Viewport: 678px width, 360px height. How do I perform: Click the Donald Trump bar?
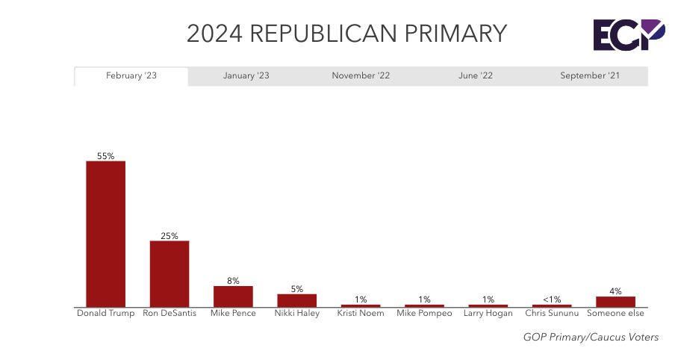tap(105, 234)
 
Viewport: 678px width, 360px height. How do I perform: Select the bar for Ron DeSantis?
tap(169, 273)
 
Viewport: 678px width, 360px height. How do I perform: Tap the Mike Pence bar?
tap(233, 297)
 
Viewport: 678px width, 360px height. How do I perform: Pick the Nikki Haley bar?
tap(296, 300)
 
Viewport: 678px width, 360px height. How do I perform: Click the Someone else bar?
tap(615, 302)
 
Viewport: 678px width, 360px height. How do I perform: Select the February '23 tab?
tap(131, 76)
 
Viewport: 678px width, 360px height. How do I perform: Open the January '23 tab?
tap(246, 76)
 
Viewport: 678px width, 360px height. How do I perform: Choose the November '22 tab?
tap(361, 76)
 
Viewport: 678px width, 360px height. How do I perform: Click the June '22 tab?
tap(475, 76)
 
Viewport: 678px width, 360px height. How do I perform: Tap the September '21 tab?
tap(590, 76)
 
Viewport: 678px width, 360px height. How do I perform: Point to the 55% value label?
tap(105, 156)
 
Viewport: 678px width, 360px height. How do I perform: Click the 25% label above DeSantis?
tap(169, 236)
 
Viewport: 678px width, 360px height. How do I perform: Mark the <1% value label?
tap(552, 300)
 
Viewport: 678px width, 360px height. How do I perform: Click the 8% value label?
tap(233, 281)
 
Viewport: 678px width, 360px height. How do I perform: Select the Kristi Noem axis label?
tap(361, 314)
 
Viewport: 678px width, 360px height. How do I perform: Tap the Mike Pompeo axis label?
tap(424, 314)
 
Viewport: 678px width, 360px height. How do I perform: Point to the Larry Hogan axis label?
tap(488, 314)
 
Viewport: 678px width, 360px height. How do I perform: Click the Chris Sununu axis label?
tap(552, 314)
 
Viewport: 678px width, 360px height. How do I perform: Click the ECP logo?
tap(628, 35)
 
